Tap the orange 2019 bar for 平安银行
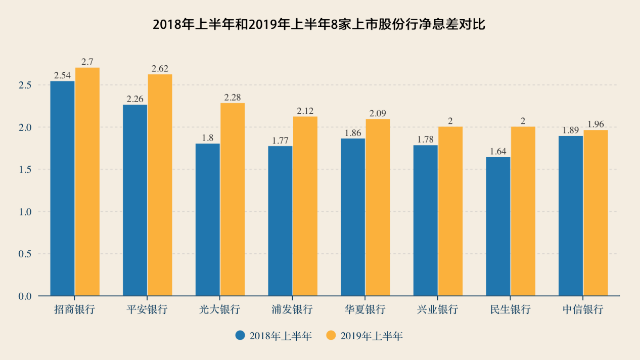coord(160,185)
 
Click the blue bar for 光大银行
coord(208,219)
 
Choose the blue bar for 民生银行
coord(498,226)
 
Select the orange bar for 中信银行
coord(596,213)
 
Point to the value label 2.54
coord(62,75)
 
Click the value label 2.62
coord(160,69)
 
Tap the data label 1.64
coord(498,151)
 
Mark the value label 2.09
coord(378,113)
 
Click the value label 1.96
coord(596,124)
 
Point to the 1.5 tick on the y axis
coord(25,169)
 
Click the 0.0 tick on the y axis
coord(25,296)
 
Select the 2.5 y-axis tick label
coord(25,85)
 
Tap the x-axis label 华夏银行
coord(365,309)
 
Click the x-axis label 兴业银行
coord(438,309)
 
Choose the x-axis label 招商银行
coord(75,309)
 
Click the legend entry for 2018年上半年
coord(273,336)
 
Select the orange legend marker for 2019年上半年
coord(331,336)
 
